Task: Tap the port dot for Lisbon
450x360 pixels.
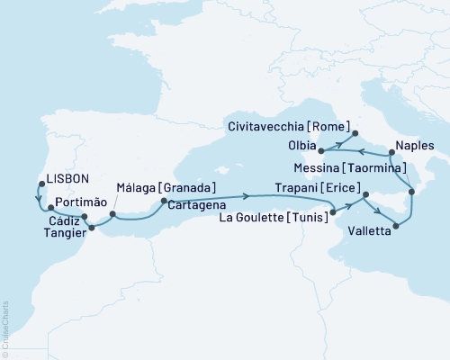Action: pos(40,184)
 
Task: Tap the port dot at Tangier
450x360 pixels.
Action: pos(90,229)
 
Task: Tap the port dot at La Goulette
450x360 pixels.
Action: pos(334,212)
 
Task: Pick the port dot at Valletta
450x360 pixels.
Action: pos(395,214)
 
